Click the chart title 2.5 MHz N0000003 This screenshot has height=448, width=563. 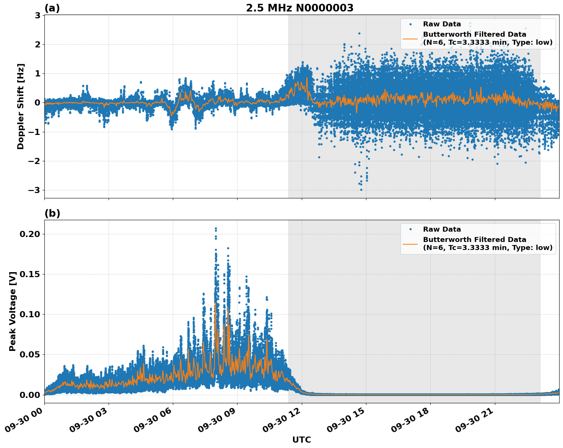pos(299,8)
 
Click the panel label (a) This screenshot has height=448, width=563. pos(52,8)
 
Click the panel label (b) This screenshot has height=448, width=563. pos(52,213)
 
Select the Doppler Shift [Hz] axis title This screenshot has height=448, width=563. pos(21,106)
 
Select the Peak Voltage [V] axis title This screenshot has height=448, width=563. pos(13,311)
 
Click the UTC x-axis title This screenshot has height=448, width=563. pos(301,440)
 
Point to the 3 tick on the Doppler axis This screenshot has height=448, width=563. pos(37,15)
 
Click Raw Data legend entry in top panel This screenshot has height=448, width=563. pos(442,24)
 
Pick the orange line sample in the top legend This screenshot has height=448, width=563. pos(410,39)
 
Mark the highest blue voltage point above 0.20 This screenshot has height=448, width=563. pos(216,229)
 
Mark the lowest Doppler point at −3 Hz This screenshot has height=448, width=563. pos(361,190)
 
